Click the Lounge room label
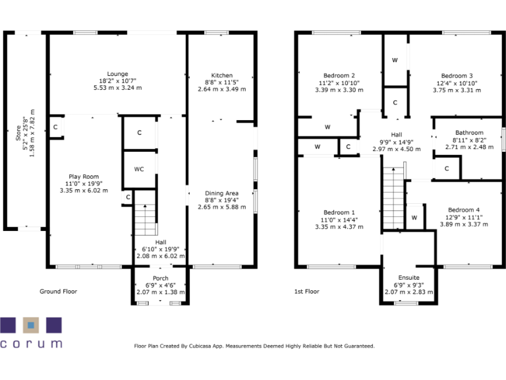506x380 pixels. (118, 74)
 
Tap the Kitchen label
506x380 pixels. (221, 75)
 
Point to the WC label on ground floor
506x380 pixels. (139, 169)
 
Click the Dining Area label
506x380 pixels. (221, 193)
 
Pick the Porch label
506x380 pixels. (160, 278)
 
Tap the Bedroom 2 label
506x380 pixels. (339, 75)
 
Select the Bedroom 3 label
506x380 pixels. (457, 75)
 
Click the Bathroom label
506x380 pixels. (468, 133)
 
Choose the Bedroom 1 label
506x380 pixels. (339, 212)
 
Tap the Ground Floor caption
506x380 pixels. (59, 291)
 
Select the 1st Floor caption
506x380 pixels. (307, 291)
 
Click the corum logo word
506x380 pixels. (31, 343)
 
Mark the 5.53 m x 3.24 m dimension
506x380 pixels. (118, 88)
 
